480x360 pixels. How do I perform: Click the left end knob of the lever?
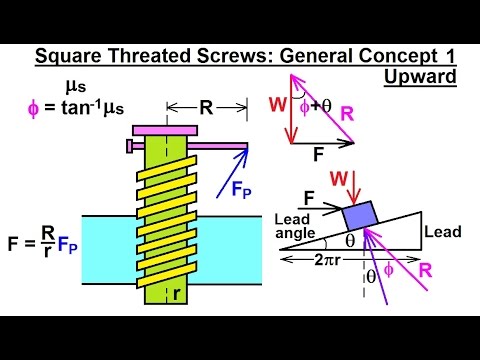coord(129,146)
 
